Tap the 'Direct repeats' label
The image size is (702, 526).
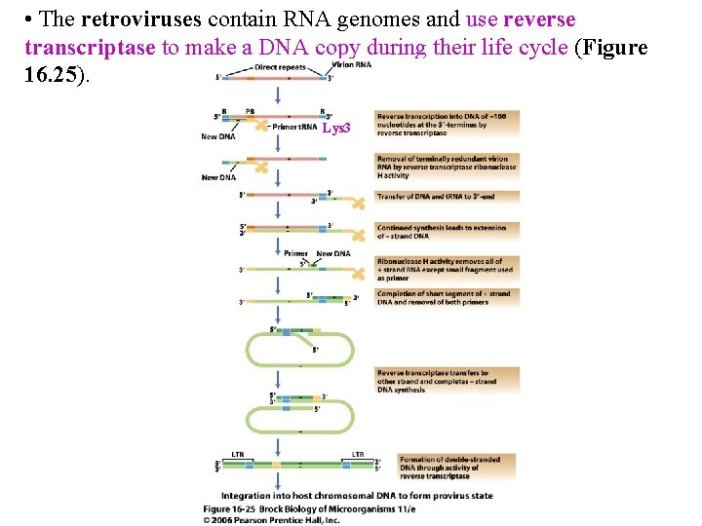280,67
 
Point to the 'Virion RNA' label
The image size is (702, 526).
352,64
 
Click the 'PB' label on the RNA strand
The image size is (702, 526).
251,110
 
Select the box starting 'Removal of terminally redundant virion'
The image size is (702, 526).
447,167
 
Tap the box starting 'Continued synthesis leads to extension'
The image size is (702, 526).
447,231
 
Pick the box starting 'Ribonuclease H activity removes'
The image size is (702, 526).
447,269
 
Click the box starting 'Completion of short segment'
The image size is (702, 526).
447,297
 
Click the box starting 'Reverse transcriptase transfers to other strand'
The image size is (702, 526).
447,381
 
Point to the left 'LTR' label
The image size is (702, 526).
238,454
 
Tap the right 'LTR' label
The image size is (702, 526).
358,454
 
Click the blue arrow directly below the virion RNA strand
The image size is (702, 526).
279,93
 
